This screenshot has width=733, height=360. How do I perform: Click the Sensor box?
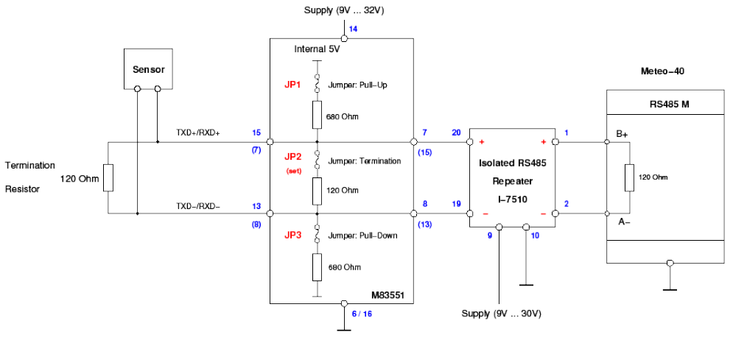pos(148,69)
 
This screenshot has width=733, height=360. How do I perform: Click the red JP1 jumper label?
pos(292,85)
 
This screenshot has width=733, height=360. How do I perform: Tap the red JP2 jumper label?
pos(292,157)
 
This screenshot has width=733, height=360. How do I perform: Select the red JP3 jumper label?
pos(292,235)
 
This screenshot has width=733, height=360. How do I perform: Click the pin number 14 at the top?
pos(353,29)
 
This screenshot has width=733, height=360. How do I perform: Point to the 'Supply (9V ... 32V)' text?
pos(343,10)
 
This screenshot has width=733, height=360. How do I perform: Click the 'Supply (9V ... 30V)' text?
pos(502,314)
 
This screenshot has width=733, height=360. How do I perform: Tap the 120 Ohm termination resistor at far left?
pos(108,177)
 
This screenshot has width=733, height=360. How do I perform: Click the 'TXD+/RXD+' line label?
pos(198,132)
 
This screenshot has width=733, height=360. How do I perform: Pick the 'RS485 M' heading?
pos(670,104)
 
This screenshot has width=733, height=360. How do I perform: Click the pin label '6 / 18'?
pos(362,314)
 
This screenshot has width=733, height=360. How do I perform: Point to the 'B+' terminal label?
pos(622,133)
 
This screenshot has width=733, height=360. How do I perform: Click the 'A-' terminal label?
pos(622,220)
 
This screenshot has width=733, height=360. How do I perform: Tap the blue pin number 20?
pos(456,133)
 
